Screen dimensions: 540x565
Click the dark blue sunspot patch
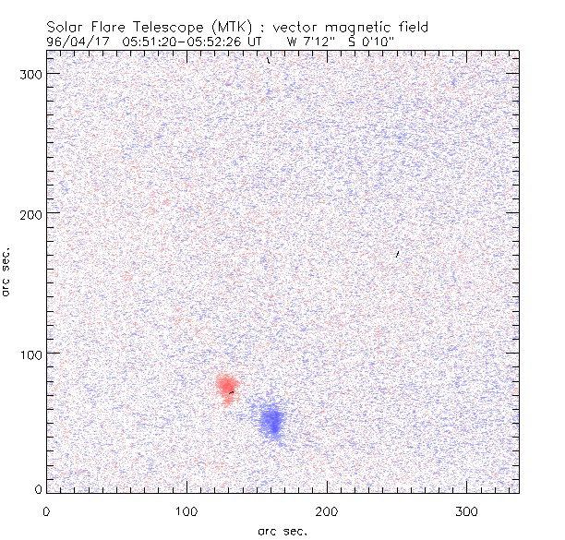pyautogui.click(x=272, y=421)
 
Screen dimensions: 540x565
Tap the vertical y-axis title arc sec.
pyautogui.click(x=7, y=272)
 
